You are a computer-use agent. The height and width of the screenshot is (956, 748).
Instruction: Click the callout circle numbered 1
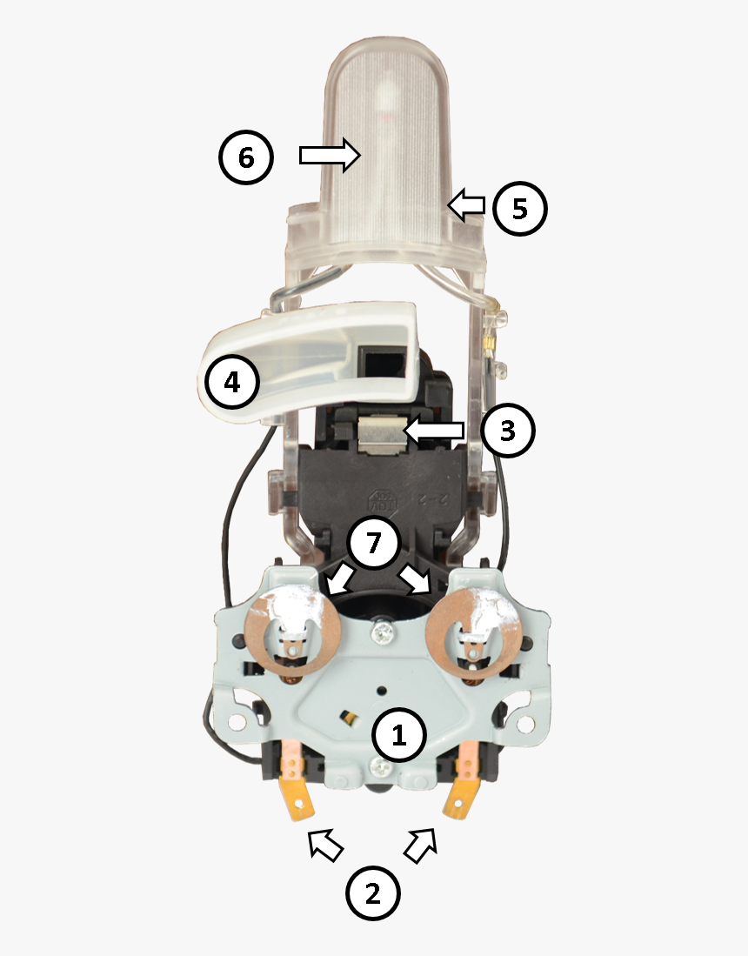399,736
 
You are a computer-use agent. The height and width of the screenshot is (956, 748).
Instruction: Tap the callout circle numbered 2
373,893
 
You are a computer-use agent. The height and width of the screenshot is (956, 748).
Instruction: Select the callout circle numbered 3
508,430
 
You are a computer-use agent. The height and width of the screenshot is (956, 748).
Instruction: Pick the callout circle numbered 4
232,382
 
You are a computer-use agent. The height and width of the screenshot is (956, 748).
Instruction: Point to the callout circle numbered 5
520,209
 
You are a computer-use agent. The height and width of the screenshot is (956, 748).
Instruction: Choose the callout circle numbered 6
246,157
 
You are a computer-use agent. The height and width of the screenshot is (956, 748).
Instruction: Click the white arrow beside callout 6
330,155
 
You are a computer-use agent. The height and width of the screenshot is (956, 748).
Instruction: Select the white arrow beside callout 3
435,430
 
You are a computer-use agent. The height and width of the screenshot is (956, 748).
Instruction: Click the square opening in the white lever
378,359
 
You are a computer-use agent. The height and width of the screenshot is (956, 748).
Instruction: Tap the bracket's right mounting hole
524,723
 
